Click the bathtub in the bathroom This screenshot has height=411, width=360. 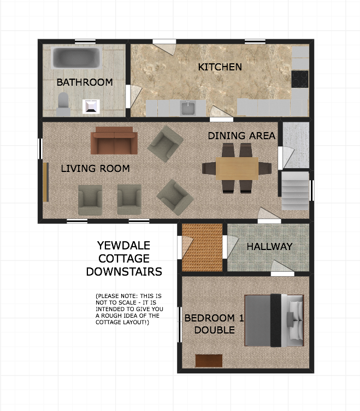coord(76,58)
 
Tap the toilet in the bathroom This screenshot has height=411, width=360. coord(63,104)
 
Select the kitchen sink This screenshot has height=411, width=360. coord(188,108)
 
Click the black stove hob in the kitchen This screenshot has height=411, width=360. coord(300,79)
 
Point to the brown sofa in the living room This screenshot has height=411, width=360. coord(114,141)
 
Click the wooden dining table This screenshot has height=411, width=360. coord(237,169)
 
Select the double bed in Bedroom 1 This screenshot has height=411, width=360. coord(274,320)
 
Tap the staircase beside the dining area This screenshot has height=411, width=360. coord(295,190)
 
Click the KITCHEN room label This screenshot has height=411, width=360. coord(220,67)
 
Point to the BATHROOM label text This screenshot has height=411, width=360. coord(85,82)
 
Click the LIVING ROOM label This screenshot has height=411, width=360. coord(95,168)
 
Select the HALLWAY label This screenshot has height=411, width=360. coord(269,246)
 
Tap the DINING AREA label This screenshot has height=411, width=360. coord(241,136)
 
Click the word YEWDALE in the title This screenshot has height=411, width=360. coord(123,246)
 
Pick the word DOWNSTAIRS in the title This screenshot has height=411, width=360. coord(124,272)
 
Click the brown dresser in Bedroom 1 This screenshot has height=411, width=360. coord(209,361)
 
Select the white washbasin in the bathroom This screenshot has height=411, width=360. coord(91,106)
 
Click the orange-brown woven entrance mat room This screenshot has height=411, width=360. coord(202,248)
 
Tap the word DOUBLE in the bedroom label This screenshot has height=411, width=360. coord(214,330)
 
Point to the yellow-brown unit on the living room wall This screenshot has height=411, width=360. coord(46,182)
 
